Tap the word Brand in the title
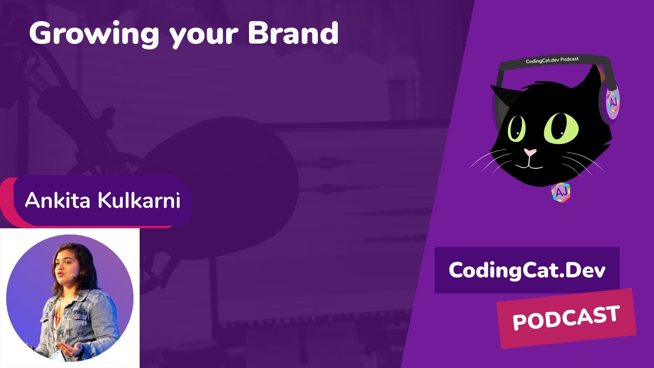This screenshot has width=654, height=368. (293, 33)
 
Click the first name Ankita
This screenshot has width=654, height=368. (58, 200)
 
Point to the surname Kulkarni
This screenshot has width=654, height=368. (139, 200)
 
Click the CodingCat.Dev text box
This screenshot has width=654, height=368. (527, 270)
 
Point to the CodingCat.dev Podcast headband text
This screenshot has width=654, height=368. (552, 60)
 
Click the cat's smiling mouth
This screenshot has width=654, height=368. (529, 166)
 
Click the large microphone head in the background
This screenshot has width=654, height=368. (221, 187)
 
